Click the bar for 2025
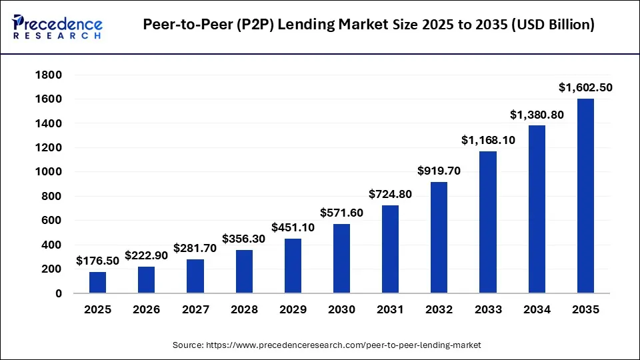(97, 282)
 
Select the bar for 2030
(341, 258)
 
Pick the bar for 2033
(488, 222)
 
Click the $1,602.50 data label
(585, 87)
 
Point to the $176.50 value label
(97, 261)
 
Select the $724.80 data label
(391, 194)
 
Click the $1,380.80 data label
(537, 115)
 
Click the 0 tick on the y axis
(59, 293)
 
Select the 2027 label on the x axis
(195, 309)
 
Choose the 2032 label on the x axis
(439, 309)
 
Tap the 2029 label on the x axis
(293, 309)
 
